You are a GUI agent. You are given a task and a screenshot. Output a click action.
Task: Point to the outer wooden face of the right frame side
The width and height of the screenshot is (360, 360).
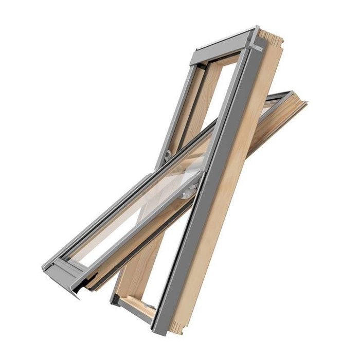point(242,180)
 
